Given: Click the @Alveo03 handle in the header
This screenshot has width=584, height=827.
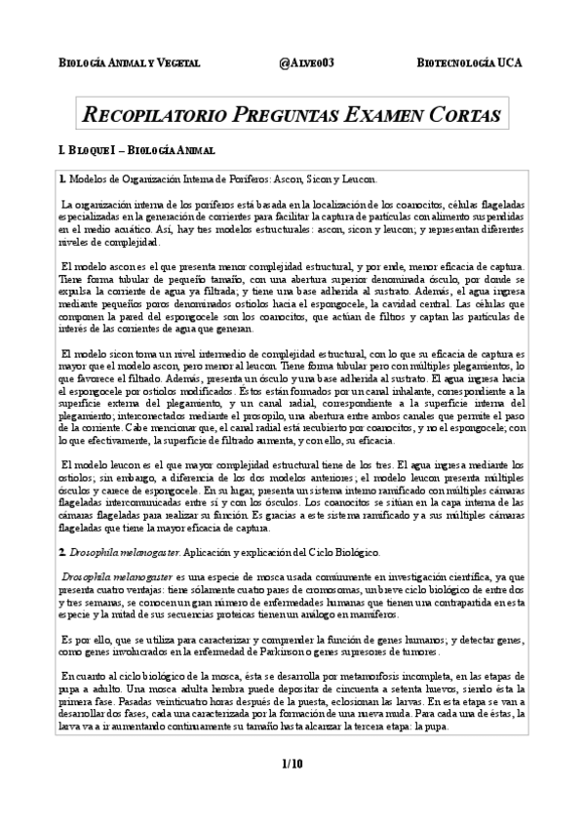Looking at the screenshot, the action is coord(306,62).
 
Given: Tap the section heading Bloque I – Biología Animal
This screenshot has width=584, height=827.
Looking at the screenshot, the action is coord(136,151).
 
